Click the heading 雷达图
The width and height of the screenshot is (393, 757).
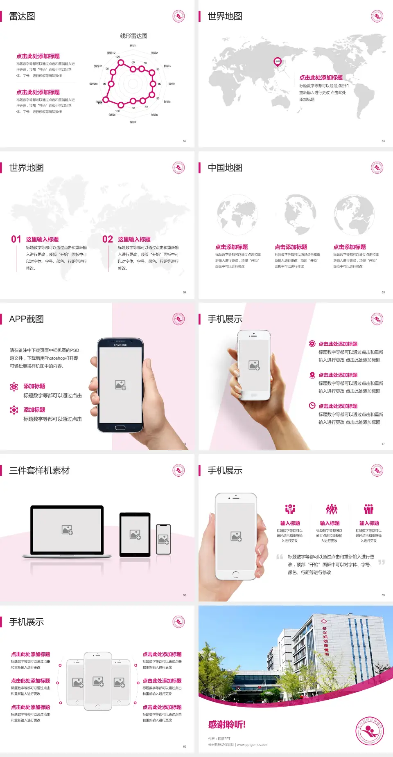(x=22, y=16)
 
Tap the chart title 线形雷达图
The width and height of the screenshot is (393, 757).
(x=133, y=36)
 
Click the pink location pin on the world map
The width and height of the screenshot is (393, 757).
(x=278, y=62)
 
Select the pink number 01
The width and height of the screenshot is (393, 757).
(x=16, y=239)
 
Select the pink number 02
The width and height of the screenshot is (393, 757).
(x=108, y=239)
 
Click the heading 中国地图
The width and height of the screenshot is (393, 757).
(x=225, y=168)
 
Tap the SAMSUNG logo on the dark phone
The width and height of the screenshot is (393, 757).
(x=120, y=345)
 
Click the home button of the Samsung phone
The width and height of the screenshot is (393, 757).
(x=120, y=428)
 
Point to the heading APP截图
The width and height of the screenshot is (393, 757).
(x=27, y=319)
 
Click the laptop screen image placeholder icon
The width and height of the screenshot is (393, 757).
(x=67, y=530)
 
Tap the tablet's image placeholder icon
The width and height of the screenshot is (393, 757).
(x=135, y=534)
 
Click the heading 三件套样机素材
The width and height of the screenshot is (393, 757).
(x=39, y=471)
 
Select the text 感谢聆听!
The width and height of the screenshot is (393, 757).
(x=227, y=725)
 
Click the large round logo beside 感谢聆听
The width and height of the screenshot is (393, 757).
(x=370, y=731)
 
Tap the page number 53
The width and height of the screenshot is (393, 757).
(x=383, y=141)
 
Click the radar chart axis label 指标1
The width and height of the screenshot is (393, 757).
(x=133, y=46)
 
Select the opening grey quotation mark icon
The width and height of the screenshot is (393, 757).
(x=280, y=556)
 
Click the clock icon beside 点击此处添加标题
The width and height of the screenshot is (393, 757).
(x=312, y=406)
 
